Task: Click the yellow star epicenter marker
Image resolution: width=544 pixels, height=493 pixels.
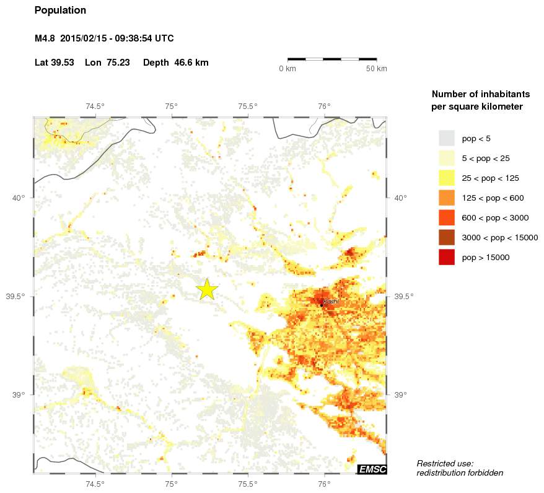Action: coord(208,289)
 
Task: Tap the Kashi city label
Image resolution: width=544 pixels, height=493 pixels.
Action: coord(331,302)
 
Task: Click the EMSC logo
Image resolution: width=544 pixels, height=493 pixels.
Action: coord(372,469)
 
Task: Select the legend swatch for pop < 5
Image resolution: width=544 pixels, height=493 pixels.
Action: coord(446,138)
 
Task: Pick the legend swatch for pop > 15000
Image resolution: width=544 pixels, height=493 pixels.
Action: coord(446,257)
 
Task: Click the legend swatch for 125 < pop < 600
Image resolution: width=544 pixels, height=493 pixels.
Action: coord(446,198)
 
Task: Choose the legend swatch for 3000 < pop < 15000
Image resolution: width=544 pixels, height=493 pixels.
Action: coord(446,237)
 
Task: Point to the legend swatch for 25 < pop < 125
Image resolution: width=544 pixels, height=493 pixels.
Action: coord(446,178)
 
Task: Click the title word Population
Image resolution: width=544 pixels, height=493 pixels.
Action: coord(60,11)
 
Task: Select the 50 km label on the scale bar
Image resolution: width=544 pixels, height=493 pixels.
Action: coord(377,68)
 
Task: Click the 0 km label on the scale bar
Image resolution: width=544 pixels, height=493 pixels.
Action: coord(287,68)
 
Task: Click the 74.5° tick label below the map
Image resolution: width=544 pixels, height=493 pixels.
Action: coord(95,484)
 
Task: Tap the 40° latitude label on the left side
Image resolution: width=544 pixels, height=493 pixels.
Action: coord(18,198)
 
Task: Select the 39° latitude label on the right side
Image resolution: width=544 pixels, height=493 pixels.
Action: coord(400,395)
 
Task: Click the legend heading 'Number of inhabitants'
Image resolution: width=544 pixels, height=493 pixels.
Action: coord(480,94)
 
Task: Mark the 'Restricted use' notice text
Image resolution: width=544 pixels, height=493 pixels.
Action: coord(445,463)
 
